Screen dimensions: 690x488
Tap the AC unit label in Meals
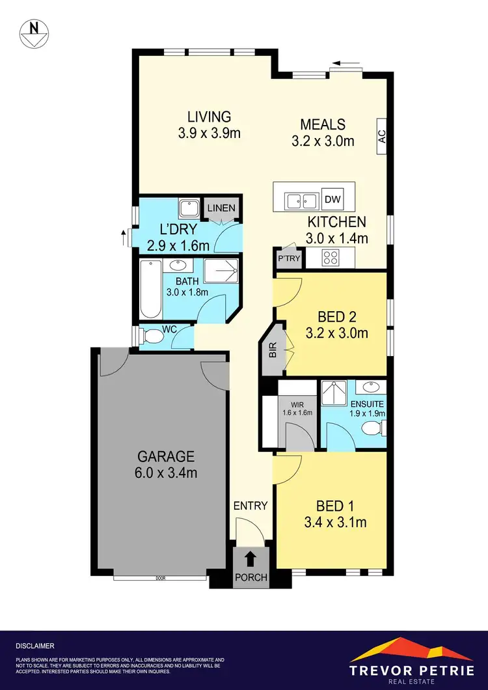point(383,136)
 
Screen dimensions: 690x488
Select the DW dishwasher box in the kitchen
point(332,199)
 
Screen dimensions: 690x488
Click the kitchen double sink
point(301,200)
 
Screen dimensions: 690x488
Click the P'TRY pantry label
point(286,258)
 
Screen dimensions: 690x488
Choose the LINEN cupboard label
point(221,208)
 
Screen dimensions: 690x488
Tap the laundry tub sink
point(190,208)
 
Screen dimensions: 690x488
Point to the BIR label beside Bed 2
point(273,352)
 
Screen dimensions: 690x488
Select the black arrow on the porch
point(250,558)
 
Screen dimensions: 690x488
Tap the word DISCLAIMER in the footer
point(35,646)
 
